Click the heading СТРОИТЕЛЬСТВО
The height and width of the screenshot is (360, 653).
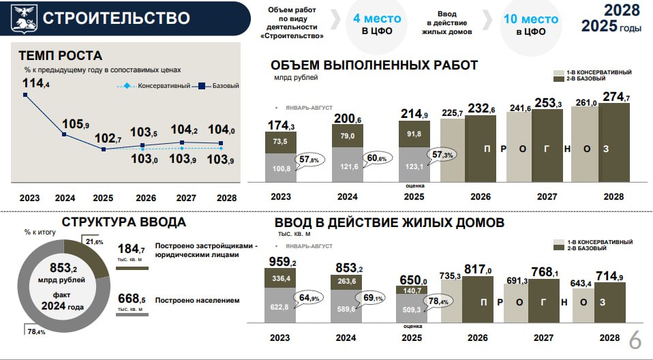[x=116, y=18]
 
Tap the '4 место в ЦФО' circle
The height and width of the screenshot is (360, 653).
[x=376, y=25]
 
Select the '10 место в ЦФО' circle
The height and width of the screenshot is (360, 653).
[x=530, y=25]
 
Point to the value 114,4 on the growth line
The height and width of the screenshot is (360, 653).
[x=35, y=83]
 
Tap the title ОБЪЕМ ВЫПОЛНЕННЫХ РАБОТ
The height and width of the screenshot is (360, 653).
[x=374, y=65]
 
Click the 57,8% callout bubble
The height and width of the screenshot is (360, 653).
[x=305, y=160]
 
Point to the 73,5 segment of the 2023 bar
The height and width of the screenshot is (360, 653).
[x=280, y=141]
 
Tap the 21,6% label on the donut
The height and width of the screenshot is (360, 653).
[x=95, y=242]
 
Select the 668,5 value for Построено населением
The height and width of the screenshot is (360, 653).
[x=132, y=299]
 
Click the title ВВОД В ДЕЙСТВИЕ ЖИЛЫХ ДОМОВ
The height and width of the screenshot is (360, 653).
[x=389, y=223]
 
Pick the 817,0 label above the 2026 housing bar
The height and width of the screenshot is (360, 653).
[x=478, y=269]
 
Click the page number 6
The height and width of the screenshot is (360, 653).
[x=635, y=340]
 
